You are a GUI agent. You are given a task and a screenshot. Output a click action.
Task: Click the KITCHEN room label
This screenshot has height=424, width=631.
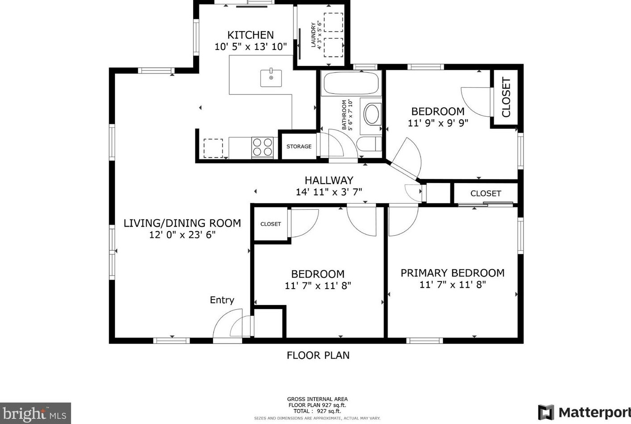tap(250, 35)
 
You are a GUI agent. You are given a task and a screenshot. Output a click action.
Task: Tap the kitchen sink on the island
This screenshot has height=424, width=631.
tap(271, 78)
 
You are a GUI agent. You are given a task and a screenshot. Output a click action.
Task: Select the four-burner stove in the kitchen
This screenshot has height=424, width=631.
tap(262, 147)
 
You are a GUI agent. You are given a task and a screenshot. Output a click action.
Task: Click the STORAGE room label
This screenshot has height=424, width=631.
tap(299, 147)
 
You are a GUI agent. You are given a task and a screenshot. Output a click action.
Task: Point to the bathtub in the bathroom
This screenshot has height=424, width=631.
tap(351, 83)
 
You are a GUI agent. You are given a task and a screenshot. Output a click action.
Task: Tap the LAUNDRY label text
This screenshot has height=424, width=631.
tap(313, 35)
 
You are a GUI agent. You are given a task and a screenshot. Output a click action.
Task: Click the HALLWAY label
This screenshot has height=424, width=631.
tap(329, 180)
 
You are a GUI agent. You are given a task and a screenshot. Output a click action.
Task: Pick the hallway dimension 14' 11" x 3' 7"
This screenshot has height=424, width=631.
tap(329, 192)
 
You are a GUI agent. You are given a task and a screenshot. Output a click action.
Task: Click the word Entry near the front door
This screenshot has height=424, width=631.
tap(222, 300)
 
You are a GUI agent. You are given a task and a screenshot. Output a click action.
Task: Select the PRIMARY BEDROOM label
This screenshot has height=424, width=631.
tap(452, 273)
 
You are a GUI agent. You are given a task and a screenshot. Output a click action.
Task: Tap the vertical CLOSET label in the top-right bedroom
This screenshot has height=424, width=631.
tap(506, 97)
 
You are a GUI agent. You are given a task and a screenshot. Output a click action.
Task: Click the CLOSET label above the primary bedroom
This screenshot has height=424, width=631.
tap(486, 193)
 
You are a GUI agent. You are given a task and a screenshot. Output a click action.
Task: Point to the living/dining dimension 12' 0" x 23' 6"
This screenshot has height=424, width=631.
tap(182, 235)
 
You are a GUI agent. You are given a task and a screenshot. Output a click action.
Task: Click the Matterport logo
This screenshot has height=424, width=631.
tap(584, 412)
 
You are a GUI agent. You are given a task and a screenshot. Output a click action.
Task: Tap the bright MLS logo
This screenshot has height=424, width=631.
tap(35, 414)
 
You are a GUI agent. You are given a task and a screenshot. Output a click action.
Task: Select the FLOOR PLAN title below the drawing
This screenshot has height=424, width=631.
tap(318, 355)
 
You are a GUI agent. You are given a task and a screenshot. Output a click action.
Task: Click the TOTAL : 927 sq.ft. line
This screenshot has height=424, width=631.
tap(317, 411)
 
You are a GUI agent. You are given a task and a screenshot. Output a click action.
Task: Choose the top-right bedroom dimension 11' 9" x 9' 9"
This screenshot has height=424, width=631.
tap(437, 123)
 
